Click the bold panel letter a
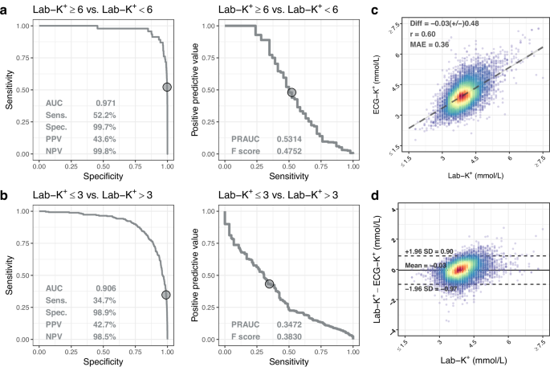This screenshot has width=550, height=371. tap(6, 9)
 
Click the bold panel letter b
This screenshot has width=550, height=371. tap(6, 195)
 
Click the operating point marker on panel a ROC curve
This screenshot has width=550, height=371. tap(167, 86)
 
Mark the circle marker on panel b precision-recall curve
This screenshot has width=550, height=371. tap(270, 283)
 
